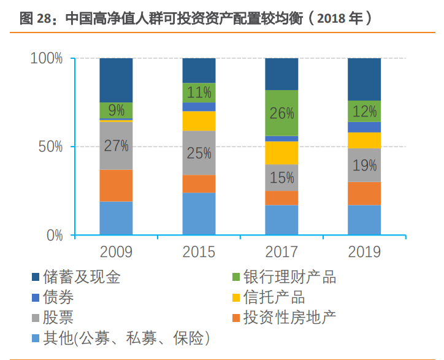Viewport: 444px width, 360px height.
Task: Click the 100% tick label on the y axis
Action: pos(47,59)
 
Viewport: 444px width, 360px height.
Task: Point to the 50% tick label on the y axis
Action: pos(50,147)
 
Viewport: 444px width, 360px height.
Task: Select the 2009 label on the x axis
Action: pos(116,252)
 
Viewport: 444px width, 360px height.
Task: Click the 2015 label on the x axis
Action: pos(199,252)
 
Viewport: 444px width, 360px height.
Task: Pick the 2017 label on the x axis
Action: pos(281,252)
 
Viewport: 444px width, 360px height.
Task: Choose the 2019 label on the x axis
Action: pos(364,252)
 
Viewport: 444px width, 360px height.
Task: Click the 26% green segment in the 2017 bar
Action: pos(281,113)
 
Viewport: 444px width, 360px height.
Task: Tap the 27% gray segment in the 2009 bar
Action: pos(116,146)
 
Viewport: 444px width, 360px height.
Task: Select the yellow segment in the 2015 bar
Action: pos(199,121)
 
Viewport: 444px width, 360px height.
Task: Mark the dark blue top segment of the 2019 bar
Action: pos(364,79)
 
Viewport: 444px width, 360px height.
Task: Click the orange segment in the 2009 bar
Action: pos(116,185)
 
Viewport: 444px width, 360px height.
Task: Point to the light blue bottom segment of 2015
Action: pos(199,213)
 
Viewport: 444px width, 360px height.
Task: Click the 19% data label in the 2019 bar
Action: pos(364,165)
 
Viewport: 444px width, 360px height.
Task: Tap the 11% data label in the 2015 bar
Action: pos(199,93)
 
